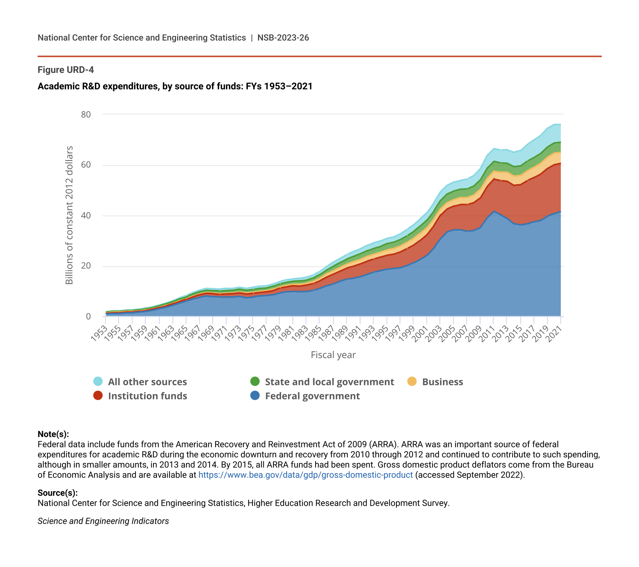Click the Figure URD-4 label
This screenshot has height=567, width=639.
66,70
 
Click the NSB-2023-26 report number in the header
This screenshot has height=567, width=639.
283,38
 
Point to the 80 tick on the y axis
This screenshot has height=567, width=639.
86,114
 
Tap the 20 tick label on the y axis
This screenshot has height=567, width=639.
86,266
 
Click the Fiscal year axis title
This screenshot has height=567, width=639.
333,355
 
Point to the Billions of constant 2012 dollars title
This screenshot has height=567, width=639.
69,215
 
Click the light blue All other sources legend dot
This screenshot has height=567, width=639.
98,381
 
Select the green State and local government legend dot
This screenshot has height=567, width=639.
255,381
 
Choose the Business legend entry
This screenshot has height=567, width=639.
442,382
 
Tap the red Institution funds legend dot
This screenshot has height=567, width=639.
98,396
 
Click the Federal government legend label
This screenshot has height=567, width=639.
312,396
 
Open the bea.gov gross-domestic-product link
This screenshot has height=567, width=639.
305,475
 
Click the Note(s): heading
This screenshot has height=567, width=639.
53,434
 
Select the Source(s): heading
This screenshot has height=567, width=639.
58,493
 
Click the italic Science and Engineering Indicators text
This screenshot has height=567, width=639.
103,521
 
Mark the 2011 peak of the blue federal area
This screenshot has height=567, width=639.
494,211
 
